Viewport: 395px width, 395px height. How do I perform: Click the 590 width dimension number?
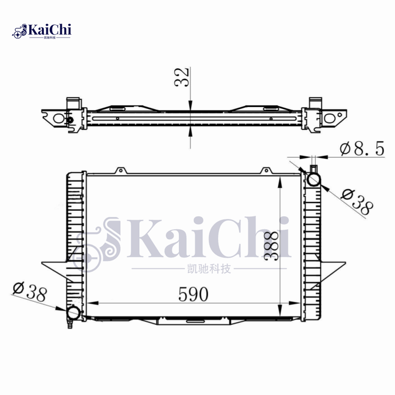coord(194,294)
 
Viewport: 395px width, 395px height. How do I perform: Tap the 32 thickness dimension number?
coord(182,77)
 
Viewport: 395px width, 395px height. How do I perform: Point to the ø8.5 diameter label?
coord(362,148)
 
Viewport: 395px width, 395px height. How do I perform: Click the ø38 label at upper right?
coord(356,201)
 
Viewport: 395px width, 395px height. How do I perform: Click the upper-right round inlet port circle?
coord(314,179)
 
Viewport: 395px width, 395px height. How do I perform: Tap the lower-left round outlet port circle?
coord(74,313)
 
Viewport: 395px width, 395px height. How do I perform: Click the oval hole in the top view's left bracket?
coord(59,118)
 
